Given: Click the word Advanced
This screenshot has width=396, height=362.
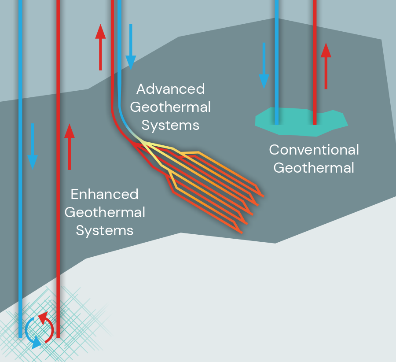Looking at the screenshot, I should tap(170, 89).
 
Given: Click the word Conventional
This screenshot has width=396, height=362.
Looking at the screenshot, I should tap(314, 150).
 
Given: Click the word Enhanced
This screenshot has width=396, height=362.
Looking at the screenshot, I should tap(104, 194).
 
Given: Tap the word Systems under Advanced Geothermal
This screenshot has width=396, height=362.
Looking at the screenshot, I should tap(170, 125).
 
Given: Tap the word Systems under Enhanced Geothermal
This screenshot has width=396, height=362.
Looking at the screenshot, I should tap(104, 230).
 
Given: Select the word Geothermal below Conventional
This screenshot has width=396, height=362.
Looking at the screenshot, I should tap(314, 168).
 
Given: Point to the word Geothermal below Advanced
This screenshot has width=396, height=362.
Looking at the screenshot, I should tap(170, 107).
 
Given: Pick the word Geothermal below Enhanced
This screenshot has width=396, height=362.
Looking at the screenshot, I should tap(104, 212).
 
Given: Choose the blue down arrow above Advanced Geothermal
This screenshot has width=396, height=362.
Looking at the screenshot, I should tap(131, 47).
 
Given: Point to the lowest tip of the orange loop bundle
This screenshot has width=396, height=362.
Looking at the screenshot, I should tap(241, 232).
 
